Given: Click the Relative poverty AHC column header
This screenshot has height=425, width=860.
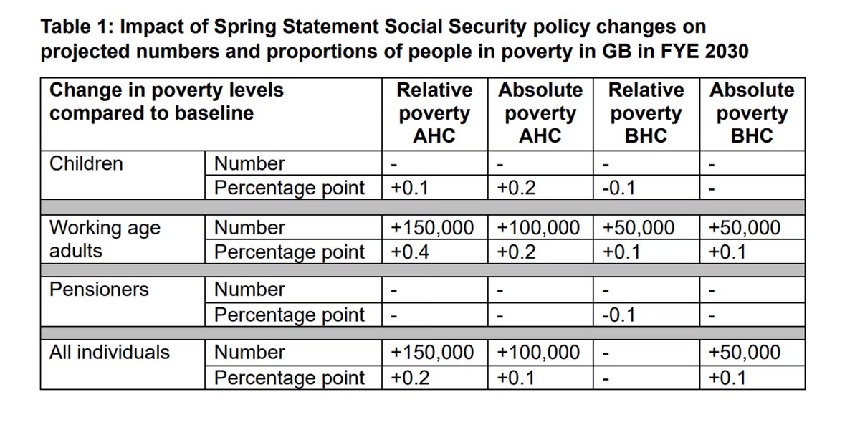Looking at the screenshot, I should tap(435, 113).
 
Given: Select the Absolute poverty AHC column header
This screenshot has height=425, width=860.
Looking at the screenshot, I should tap(540, 113).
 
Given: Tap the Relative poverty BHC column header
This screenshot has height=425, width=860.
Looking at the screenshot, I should tap(646, 113).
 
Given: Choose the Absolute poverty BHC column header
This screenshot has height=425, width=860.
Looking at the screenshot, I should tap(752, 113).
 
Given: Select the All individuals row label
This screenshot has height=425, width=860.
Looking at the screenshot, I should tap(110, 353).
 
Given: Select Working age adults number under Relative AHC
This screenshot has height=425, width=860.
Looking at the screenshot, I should tap(432, 228).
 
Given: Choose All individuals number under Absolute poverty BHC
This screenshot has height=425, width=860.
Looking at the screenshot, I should tap(744, 353).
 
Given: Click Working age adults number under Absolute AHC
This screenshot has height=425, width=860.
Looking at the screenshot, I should tap(538, 228).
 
